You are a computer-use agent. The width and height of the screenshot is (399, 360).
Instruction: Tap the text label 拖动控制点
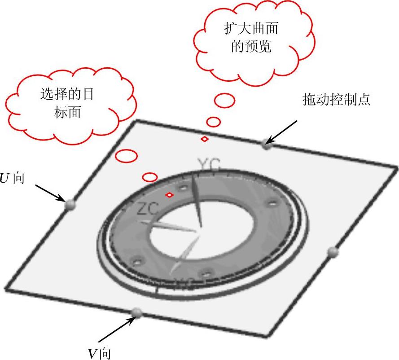point(336,100)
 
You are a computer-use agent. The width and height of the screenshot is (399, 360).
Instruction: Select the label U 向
point(12,178)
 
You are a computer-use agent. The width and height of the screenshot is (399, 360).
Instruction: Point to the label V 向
point(99,354)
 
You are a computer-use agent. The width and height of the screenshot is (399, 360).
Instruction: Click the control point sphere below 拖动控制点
point(267,144)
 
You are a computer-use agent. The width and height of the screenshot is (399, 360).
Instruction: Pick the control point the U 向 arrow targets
point(70,205)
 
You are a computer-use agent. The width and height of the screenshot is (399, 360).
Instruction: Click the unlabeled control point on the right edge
point(333,251)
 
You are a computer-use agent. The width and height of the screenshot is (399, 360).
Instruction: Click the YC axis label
point(209,166)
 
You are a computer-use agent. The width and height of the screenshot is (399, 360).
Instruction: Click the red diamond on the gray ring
point(170,195)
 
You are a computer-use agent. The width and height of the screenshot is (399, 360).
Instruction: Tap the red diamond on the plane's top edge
point(204,139)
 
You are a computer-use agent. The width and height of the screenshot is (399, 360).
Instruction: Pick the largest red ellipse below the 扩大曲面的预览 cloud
point(224,101)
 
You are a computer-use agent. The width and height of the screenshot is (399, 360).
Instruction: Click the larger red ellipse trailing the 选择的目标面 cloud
point(127,156)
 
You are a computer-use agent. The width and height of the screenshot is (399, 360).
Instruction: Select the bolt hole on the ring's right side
point(271,204)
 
